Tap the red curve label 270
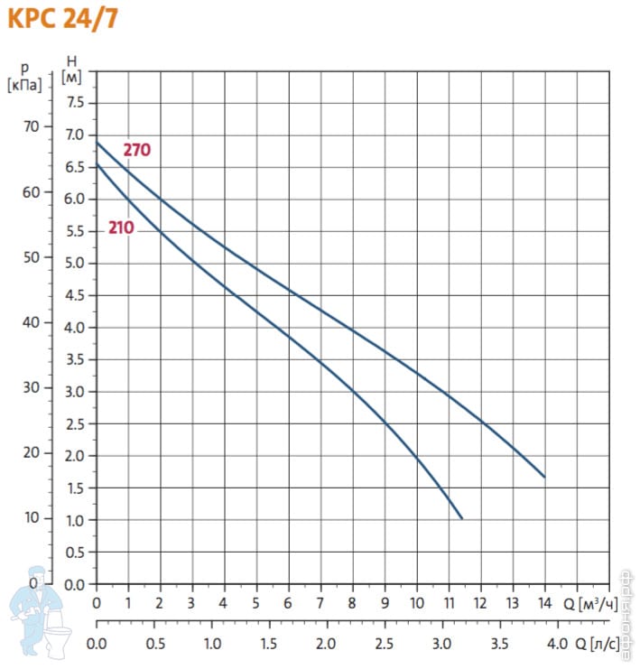137,151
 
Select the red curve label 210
121,228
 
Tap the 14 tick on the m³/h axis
544,603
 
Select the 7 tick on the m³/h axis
320,603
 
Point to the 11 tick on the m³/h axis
449,603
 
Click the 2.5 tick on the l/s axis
385,645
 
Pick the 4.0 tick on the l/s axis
558,645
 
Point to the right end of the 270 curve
544,477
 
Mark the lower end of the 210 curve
461,518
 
